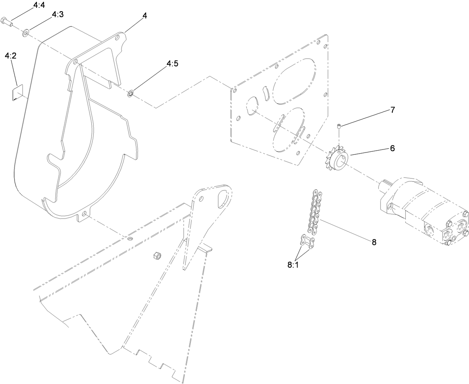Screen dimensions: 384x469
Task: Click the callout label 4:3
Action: pos(57,15)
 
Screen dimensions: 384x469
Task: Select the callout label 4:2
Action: pos(10,56)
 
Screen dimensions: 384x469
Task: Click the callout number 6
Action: pos(392,148)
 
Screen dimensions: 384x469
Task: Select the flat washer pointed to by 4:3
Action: pos(26,34)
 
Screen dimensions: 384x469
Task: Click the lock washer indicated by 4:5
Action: pos(130,93)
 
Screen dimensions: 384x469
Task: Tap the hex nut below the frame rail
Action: pos(157,256)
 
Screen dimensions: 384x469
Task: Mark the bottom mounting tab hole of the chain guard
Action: pos(85,215)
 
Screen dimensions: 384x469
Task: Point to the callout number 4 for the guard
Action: pos(145,16)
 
